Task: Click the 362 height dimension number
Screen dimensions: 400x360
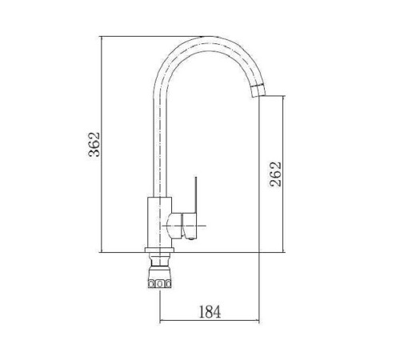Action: click(94, 144)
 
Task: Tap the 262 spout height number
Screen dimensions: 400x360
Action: click(275, 174)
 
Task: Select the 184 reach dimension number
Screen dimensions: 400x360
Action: click(210, 312)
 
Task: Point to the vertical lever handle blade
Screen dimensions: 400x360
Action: click(196, 194)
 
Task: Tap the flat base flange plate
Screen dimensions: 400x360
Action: click(159, 250)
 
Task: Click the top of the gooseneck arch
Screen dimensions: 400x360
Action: click(210, 38)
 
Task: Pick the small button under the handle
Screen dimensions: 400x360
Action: click(190, 238)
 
